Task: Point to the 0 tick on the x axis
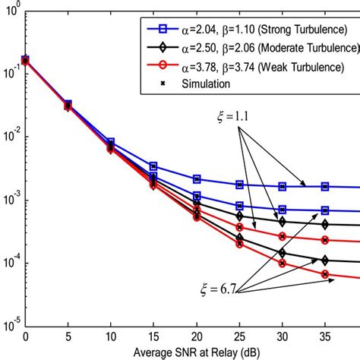26,336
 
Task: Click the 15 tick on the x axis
153,336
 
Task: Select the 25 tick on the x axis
239,336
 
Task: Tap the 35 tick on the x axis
325,336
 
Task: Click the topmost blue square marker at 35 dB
325,186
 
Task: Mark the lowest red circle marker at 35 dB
325,274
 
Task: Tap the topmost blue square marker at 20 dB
197,179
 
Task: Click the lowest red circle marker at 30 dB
283,264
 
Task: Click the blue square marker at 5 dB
68,104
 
